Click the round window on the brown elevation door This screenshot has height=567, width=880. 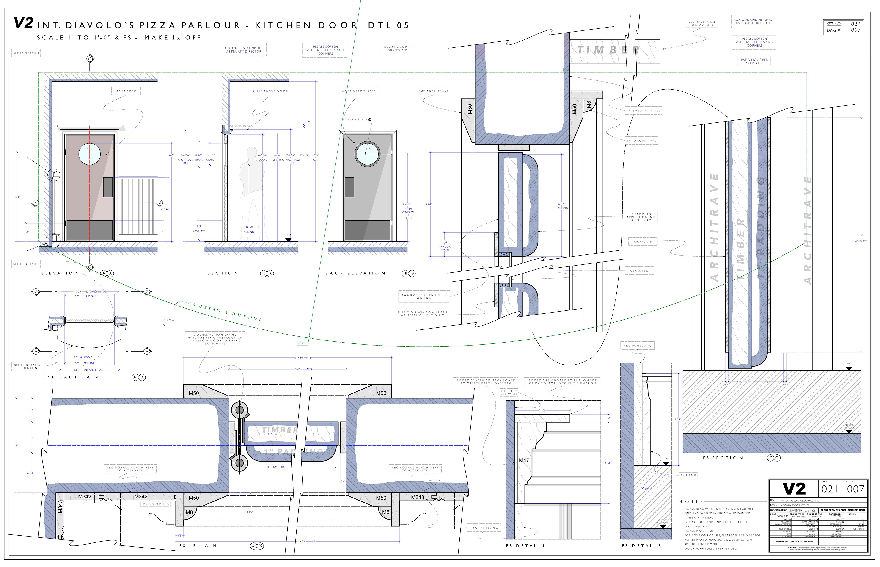click(89, 154)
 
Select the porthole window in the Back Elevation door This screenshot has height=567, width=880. click(367, 154)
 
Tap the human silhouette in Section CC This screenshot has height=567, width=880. click(252, 191)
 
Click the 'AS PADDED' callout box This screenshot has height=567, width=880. click(126, 91)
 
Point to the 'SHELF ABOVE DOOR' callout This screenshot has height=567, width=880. click(270, 91)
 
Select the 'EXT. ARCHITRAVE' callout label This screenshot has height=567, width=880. click(433, 91)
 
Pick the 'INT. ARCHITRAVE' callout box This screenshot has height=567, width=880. click(642, 141)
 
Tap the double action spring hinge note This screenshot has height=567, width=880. click(215, 339)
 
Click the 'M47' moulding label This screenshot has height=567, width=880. click(524, 460)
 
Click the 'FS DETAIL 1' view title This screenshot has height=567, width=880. click(525, 546)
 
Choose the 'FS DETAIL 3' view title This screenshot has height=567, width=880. click(641, 546)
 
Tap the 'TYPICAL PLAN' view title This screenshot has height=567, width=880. click(71, 377)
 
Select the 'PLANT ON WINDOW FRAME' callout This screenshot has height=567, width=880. click(422, 314)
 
